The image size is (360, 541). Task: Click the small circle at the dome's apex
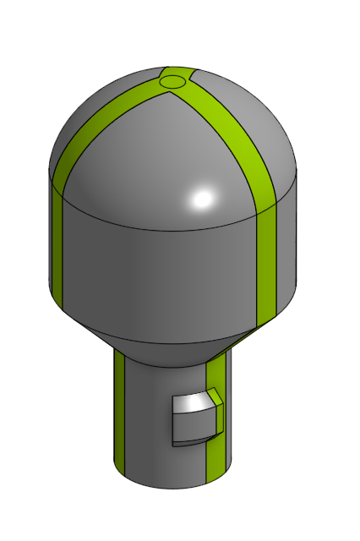tap(172, 82)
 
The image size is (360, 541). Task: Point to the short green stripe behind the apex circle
tap(178, 71)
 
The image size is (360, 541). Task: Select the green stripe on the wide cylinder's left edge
tap(57, 245)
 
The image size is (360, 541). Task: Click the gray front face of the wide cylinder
tap(161, 270)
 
